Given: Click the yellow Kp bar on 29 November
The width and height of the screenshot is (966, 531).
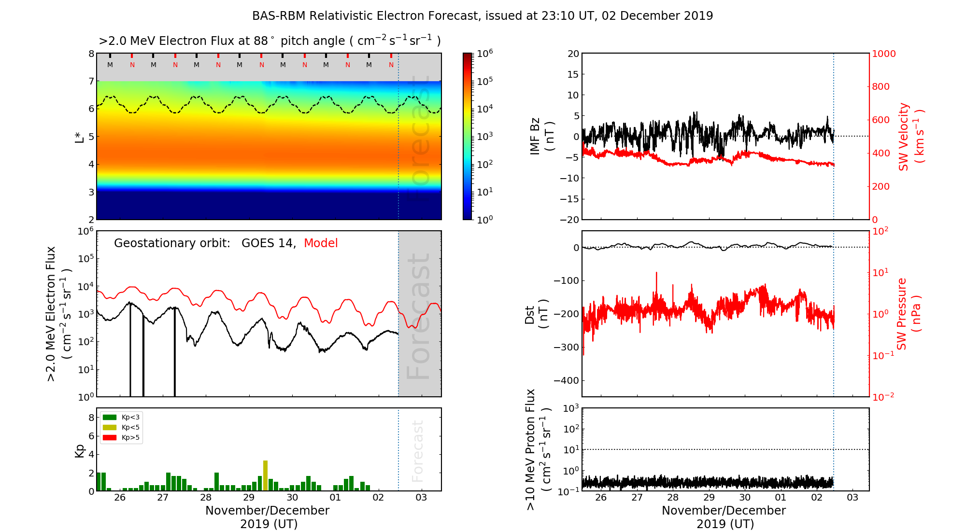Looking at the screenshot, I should coord(265,475).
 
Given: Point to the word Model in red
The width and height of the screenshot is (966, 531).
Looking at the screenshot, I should coord(321,243).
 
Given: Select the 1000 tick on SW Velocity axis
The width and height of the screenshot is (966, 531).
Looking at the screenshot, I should coord(883,54).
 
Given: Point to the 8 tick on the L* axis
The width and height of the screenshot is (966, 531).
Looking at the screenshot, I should coord(91,54).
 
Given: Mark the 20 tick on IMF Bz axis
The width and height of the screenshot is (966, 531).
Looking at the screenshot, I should coord(573,54).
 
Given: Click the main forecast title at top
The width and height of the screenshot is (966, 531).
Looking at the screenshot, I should coord(483,16).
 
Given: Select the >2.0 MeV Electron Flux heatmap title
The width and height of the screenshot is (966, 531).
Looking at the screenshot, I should coord(270,41).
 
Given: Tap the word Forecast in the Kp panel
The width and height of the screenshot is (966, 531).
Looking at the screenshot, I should coord(418,451).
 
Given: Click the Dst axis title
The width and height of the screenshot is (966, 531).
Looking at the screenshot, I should coord(536,314).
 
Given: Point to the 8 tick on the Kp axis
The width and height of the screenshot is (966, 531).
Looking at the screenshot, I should coord(91,418).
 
